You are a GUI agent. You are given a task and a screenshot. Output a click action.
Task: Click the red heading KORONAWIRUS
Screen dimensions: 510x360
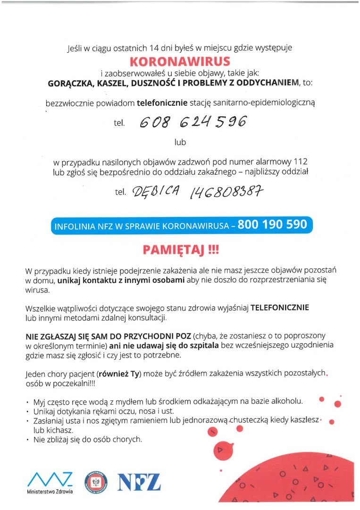click(180, 62)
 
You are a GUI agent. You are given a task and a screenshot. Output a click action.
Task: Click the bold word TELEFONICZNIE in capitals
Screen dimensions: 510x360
click(279, 307)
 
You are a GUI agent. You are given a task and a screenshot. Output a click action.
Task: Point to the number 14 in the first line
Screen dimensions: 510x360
click(154, 48)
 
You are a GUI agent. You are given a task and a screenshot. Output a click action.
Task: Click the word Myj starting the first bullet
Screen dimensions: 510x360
click(39, 402)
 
